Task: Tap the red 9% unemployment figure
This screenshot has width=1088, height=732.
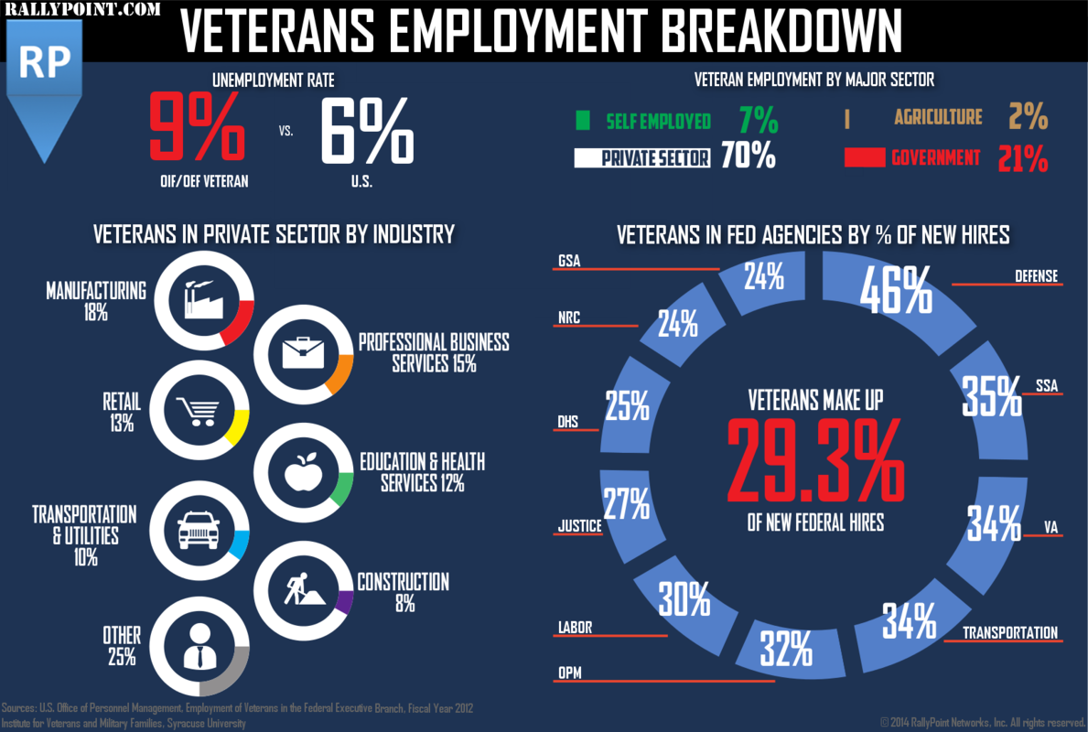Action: pyautogui.click(x=197, y=131)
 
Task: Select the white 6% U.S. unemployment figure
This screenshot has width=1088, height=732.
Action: pyautogui.click(x=366, y=131)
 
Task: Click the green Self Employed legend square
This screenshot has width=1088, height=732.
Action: pyautogui.click(x=583, y=121)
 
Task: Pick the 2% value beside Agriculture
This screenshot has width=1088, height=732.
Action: pyautogui.click(x=1028, y=117)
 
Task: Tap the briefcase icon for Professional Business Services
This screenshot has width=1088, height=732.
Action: pyautogui.click(x=303, y=352)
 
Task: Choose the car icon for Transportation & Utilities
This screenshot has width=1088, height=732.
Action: pyautogui.click(x=197, y=530)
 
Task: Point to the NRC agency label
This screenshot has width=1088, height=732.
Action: pyautogui.click(x=569, y=318)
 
